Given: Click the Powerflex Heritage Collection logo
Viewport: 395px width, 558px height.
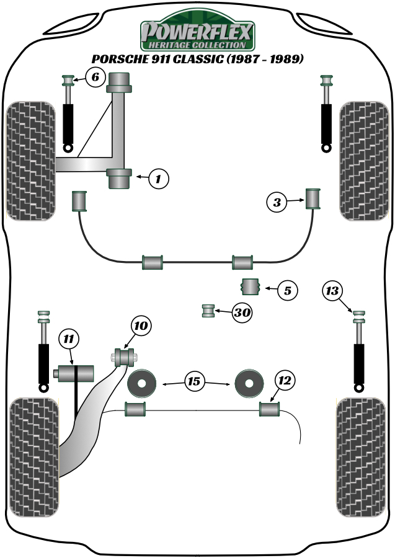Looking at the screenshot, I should click(197, 34).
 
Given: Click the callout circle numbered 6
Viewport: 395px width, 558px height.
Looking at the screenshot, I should click(95, 78).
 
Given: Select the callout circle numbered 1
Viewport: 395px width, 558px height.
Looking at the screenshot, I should click(159, 179).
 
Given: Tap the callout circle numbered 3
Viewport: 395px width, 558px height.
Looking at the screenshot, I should click(277, 201).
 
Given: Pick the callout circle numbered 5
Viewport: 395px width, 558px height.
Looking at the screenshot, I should click(288, 289).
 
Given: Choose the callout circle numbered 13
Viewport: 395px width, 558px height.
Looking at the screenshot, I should click(333, 290).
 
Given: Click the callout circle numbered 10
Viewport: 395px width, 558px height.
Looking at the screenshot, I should click(141, 325).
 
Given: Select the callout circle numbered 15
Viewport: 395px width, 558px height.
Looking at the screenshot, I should click(195, 382).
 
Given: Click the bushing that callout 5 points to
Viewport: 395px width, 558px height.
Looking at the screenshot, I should click(249, 288).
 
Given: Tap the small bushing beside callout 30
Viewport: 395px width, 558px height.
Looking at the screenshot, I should click(210, 310).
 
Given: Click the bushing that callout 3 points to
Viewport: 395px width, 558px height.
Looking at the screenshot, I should click(313, 199).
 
